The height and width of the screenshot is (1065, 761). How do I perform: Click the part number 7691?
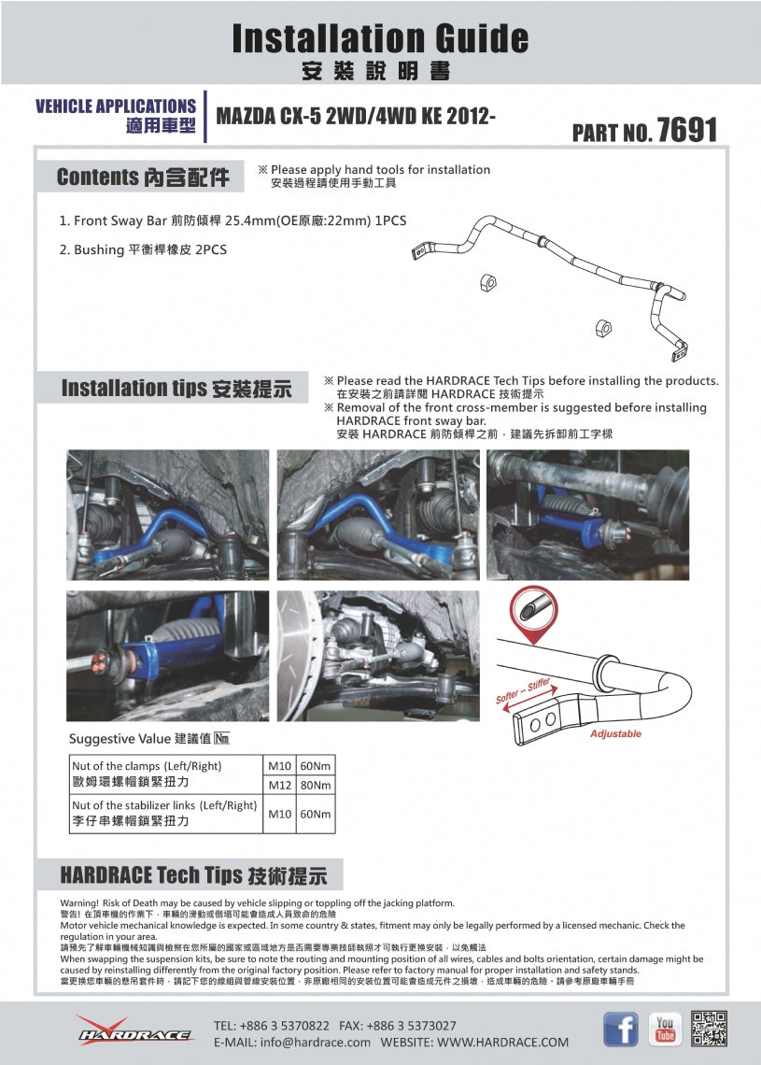(686, 130)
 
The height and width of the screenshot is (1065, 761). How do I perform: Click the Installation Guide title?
(380, 38)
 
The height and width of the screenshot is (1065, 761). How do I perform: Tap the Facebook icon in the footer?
(621, 1029)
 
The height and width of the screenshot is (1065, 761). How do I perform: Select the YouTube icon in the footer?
(665, 1029)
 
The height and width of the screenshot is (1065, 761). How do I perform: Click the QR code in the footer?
(710, 1029)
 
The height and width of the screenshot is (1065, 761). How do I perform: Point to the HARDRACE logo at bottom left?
(134, 1031)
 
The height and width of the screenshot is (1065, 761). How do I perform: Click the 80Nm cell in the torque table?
(315, 785)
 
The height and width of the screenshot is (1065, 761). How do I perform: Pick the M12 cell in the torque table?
(279, 785)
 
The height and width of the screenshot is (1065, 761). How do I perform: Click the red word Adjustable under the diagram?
(615, 734)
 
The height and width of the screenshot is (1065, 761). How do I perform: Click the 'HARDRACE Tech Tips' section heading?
(193, 875)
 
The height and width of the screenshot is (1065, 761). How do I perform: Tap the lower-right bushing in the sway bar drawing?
(603, 327)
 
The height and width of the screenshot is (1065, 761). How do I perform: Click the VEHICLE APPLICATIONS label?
(116, 106)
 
